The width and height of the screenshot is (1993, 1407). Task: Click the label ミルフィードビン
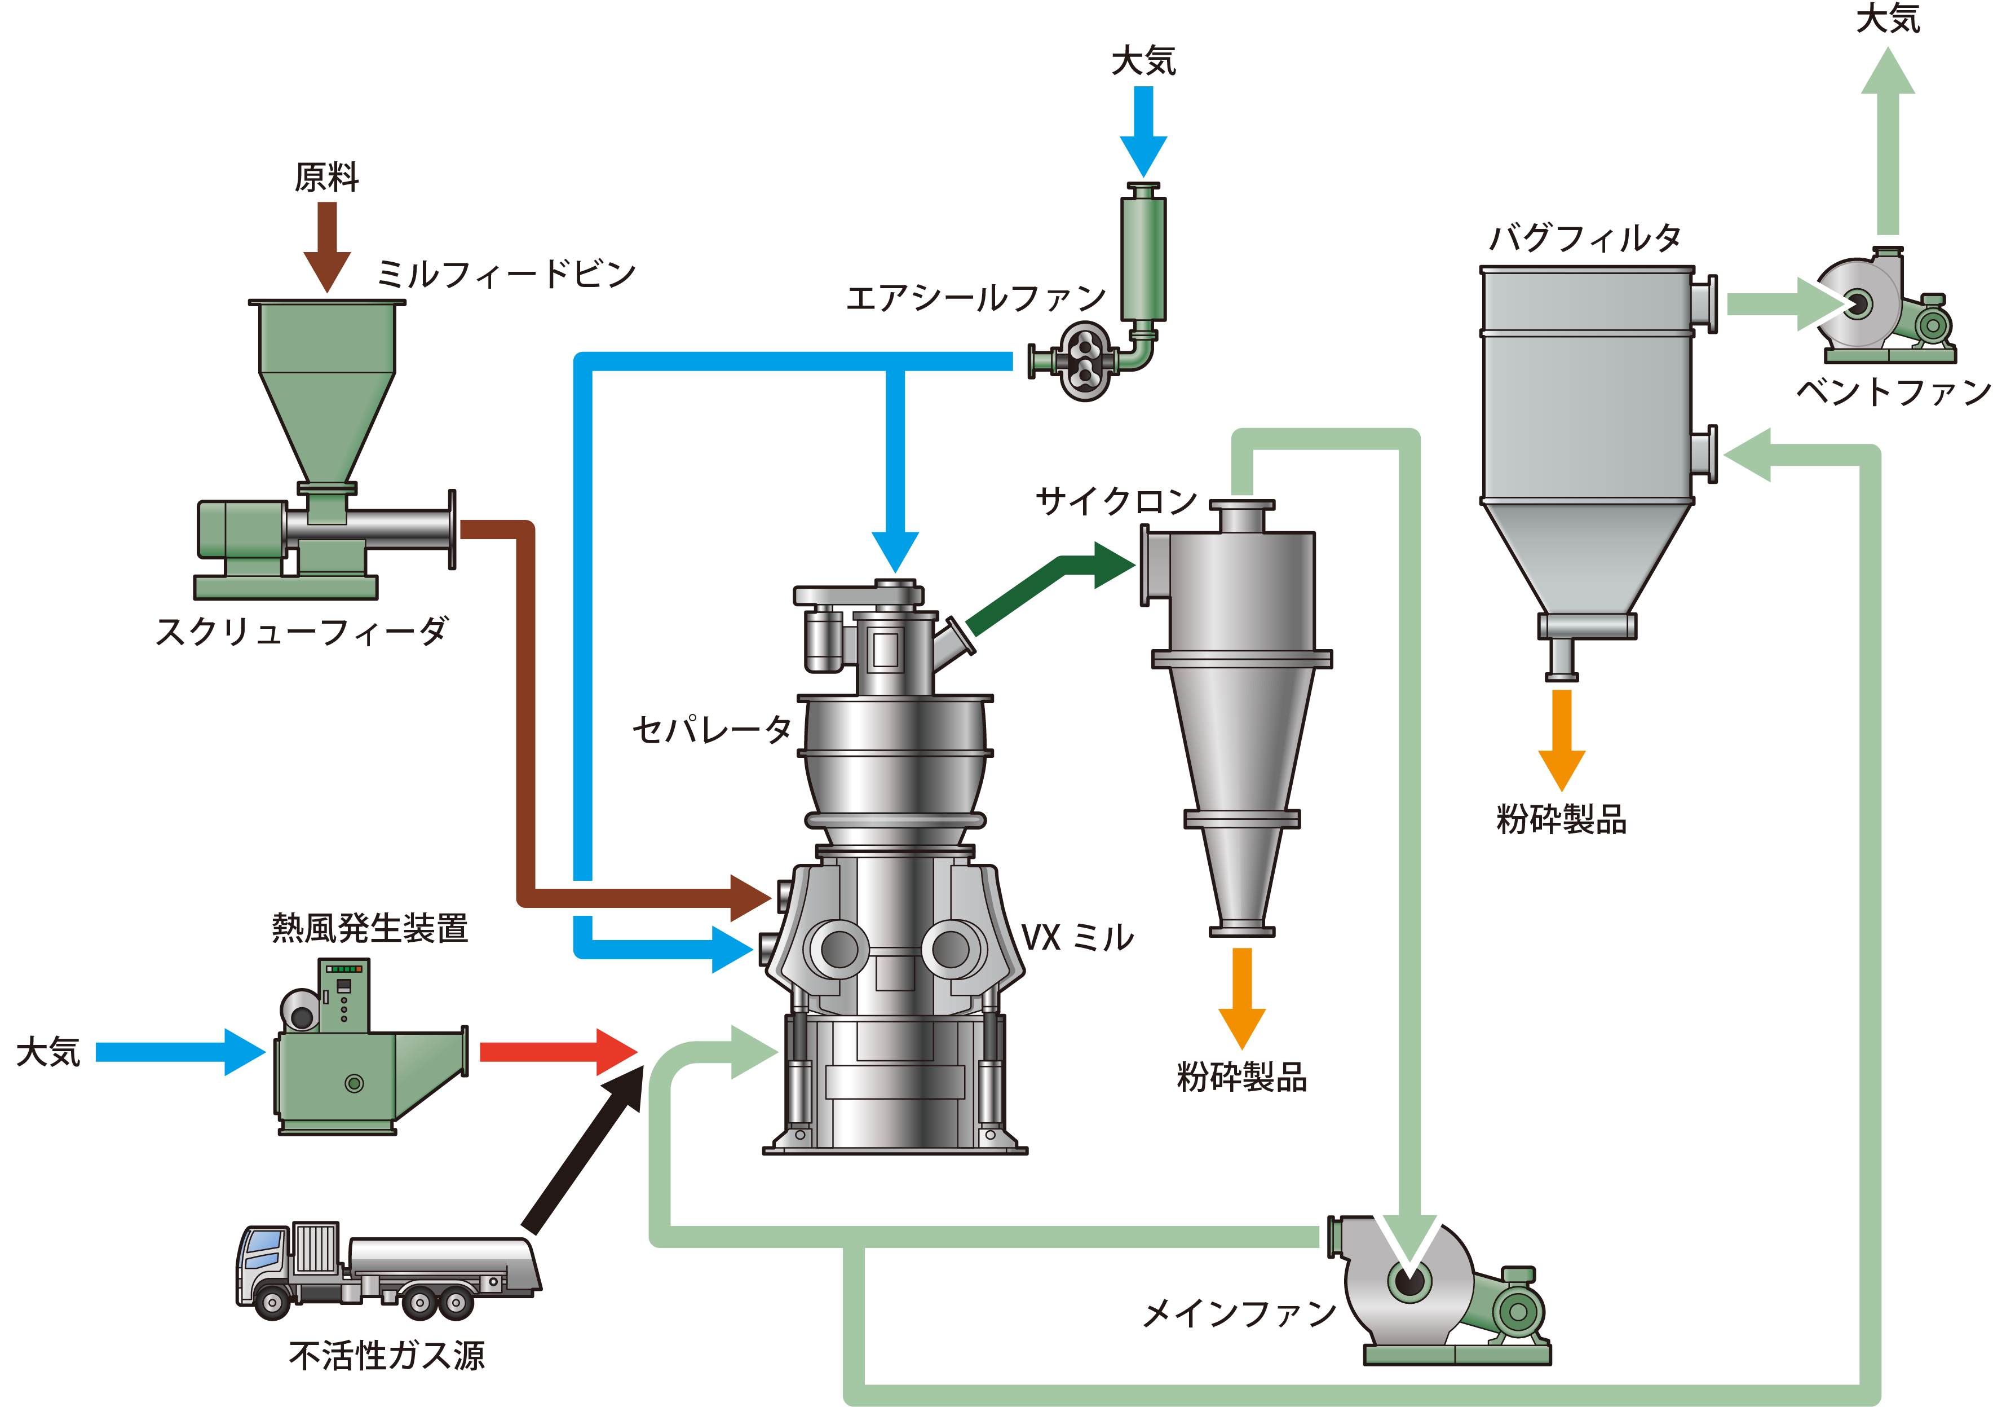[506, 274]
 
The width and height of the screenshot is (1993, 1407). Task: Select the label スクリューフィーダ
[301, 631]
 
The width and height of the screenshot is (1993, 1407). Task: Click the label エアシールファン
[976, 298]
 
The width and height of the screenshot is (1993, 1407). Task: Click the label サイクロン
[1116, 501]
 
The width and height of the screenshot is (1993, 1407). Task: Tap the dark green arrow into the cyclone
[1050, 591]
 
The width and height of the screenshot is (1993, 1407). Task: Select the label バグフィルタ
[1585, 237]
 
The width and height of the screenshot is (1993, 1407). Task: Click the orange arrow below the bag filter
[1562, 739]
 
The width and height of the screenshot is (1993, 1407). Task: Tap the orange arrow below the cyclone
[1242, 998]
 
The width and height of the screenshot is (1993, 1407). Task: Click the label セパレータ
[712, 729]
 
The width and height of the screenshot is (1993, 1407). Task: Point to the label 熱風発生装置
[370, 928]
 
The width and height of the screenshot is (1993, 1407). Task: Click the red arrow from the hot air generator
[559, 1052]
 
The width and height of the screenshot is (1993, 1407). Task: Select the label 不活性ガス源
[387, 1355]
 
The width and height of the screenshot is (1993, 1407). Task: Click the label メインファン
[1240, 1313]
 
